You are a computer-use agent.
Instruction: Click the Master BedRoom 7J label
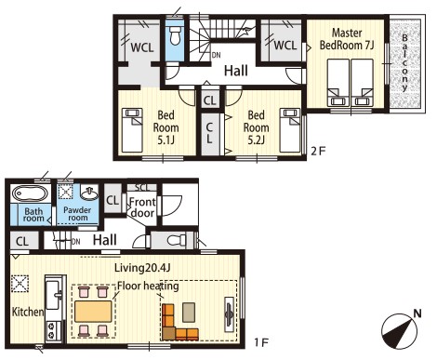347,39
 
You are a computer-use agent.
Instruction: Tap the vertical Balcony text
404,63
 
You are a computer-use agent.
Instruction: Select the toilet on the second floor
175,35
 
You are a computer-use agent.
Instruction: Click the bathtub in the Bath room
30,193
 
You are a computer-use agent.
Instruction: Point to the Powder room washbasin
89,193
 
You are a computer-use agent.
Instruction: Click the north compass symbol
401,330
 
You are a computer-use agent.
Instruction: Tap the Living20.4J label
142,268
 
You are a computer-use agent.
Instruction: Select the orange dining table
93,311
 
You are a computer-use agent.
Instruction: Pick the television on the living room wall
229,314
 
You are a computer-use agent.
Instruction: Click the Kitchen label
28,312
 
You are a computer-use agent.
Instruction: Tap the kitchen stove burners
51,330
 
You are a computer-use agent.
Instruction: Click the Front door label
142,207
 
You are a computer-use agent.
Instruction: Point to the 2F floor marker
318,152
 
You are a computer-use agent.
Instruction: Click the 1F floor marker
261,342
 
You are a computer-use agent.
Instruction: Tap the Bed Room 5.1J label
166,127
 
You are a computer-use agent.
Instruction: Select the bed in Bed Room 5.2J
290,130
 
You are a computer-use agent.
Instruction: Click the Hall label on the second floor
236,71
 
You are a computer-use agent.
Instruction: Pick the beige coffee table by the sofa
189,313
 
